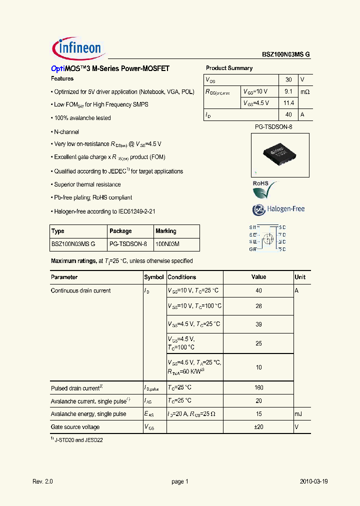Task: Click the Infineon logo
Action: (x=77, y=48)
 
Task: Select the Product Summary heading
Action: (x=229, y=68)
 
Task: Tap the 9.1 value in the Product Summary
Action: (x=288, y=91)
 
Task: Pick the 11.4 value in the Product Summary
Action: (x=288, y=103)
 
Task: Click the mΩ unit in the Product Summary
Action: (x=304, y=92)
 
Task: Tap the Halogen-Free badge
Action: (x=278, y=209)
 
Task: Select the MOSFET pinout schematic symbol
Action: (x=267, y=238)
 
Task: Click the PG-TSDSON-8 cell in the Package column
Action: (x=127, y=244)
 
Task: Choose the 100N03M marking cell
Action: (x=167, y=244)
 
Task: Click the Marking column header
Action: (x=166, y=231)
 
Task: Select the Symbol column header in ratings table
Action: (x=154, y=277)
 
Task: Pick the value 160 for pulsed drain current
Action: (x=258, y=387)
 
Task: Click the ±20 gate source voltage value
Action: (x=258, y=427)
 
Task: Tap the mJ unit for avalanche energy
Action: (x=299, y=414)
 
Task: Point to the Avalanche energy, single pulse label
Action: (x=88, y=414)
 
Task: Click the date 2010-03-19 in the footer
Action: (x=314, y=481)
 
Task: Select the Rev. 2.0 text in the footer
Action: (x=42, y=481)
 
